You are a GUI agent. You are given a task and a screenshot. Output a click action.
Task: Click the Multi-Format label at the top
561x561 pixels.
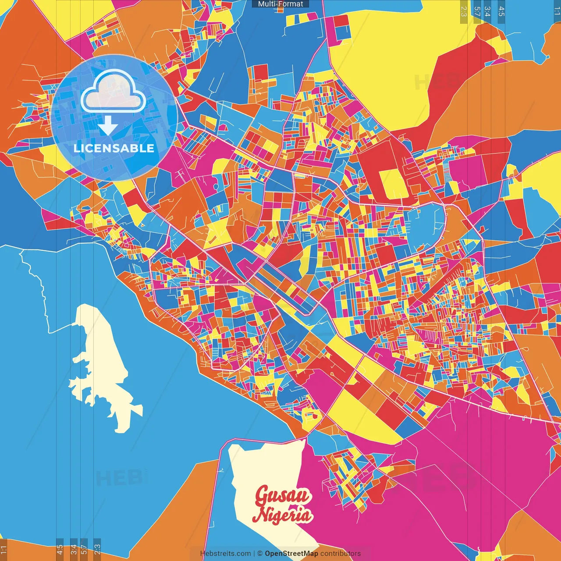pos(280,4)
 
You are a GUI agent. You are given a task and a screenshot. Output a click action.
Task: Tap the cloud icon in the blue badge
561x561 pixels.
pos(113,92)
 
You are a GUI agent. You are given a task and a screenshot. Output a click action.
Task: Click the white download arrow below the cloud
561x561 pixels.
pos(107,127)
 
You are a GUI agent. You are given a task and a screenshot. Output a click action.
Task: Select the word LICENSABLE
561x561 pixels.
pos(114,148)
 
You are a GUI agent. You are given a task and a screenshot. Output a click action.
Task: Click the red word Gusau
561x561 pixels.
pos(283,496)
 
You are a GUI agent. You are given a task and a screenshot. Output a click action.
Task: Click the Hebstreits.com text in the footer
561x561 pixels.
pos(225,554)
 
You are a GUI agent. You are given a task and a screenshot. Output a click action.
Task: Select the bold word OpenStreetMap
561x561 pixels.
pos(291,554)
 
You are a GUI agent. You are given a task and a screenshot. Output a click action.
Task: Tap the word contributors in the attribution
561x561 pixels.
pos(341,554)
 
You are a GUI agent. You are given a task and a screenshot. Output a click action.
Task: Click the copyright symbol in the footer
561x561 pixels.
pos(260,554)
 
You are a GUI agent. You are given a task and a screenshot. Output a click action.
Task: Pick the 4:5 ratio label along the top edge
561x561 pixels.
pos(501,11)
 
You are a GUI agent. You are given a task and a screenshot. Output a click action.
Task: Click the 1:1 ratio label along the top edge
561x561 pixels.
pos(557,11)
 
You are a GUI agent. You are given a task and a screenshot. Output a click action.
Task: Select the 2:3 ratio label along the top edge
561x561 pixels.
pos(464,11)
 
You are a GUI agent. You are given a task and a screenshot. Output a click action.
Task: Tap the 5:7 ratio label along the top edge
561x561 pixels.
pos(477,11)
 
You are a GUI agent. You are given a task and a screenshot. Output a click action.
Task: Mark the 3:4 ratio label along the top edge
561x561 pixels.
pos(487,11)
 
